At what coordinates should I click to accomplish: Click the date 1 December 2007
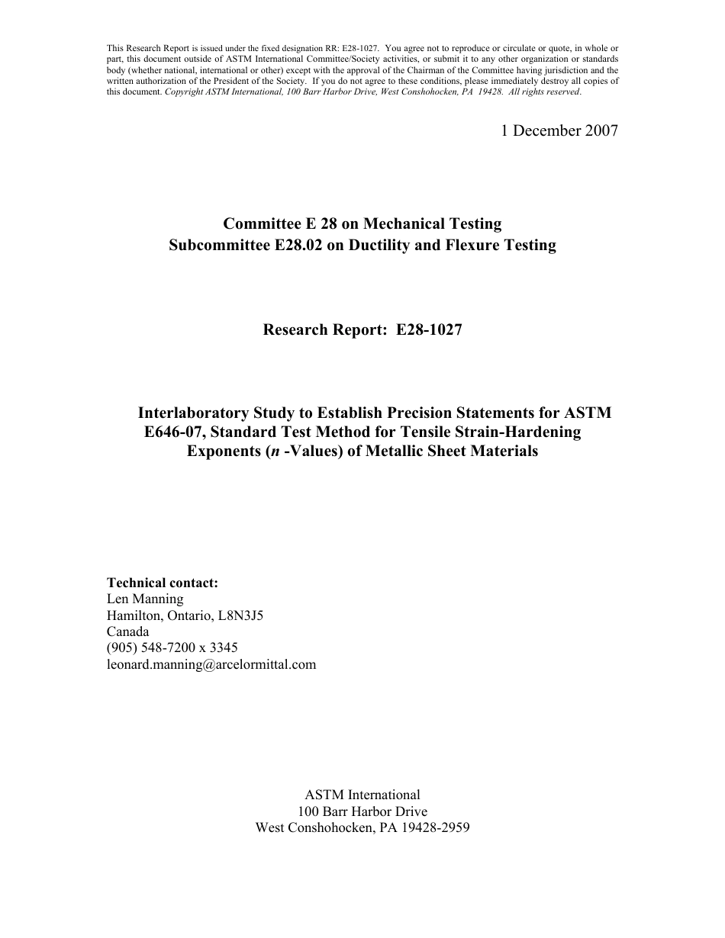559,130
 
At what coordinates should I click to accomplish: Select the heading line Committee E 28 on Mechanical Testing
362,224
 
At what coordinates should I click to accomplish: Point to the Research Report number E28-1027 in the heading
429,330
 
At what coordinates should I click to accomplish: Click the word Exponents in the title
221,451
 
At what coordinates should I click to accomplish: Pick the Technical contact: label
163,583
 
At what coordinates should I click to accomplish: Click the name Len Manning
145,599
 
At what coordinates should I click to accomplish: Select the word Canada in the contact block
128,631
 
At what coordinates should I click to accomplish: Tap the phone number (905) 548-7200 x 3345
172,648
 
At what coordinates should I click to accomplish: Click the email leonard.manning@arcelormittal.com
211,664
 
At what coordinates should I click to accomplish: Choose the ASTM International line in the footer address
362,795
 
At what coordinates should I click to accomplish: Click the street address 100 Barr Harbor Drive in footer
362,811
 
